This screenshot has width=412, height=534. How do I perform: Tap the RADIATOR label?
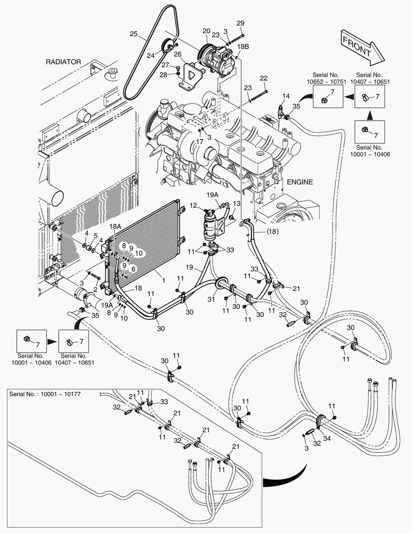63,62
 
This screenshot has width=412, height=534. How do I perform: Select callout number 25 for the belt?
134,34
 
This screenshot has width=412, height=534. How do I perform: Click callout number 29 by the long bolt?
240,23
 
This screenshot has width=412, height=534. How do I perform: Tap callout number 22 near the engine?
263,78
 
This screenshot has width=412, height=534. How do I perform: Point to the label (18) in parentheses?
272,231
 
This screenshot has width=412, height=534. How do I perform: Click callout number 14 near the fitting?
286,96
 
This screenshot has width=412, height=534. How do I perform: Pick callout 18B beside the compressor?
243,46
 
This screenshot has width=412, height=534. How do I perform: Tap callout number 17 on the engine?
199,141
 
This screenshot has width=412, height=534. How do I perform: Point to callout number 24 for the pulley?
150,56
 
